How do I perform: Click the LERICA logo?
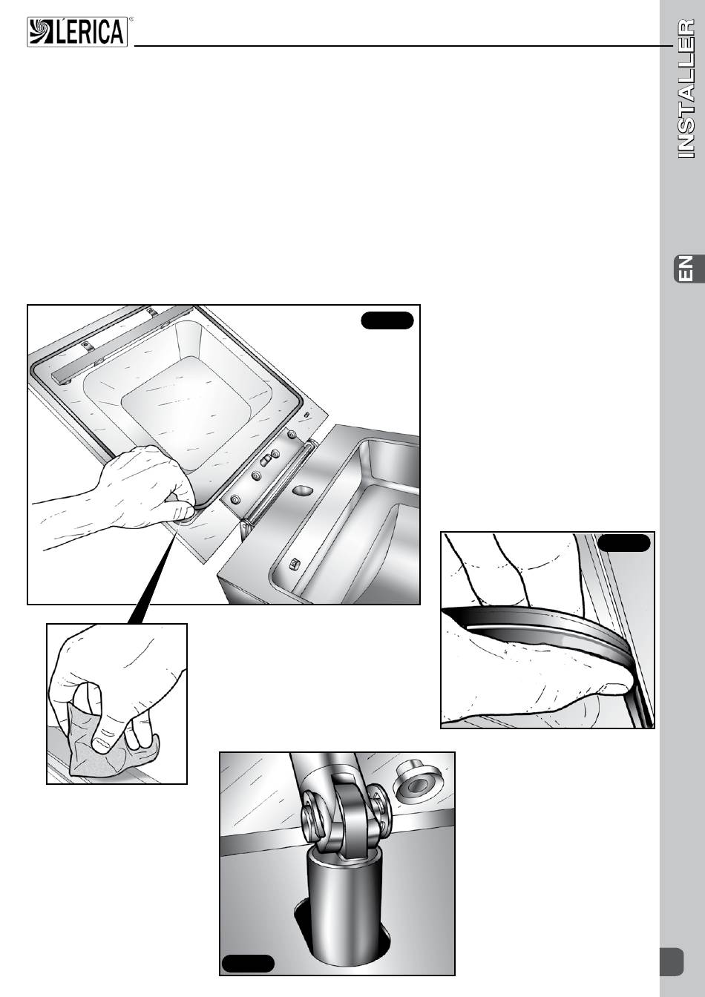(77, 32)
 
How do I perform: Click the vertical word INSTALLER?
(686, 88)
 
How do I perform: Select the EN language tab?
(689, 269)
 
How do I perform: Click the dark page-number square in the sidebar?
(672, 961)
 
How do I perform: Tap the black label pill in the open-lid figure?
(387, 320)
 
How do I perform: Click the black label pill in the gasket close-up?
(623, 543)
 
